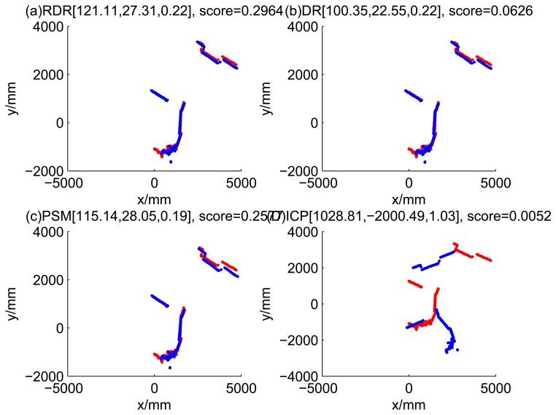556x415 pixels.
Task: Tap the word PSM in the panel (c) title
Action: coord(28,217)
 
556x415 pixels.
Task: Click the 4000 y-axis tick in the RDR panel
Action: coord(47,27)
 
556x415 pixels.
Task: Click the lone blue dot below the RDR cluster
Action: coord(170,162)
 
